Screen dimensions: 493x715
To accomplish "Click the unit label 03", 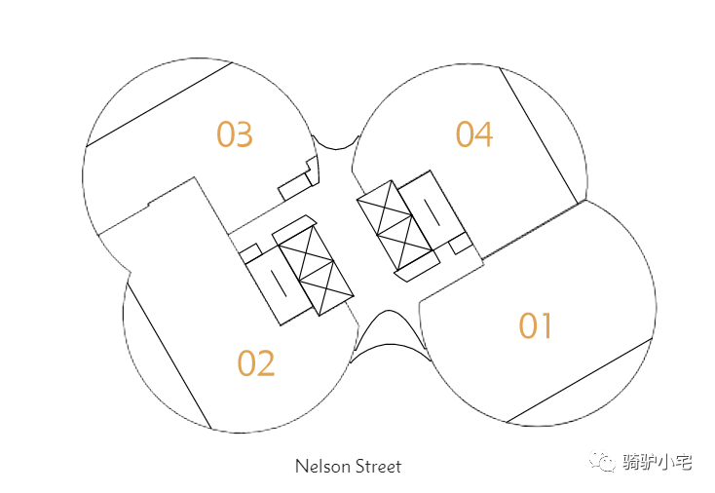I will (x=235, y=134).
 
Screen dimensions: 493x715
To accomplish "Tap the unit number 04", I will (x=474, y=133).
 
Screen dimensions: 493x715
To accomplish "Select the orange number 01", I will (x=536, y=325).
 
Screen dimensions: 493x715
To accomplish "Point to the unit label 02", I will (x=256, y=363).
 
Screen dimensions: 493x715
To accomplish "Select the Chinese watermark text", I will (x=658, y=463).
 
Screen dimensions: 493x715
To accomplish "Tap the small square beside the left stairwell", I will (x=250, y=253).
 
